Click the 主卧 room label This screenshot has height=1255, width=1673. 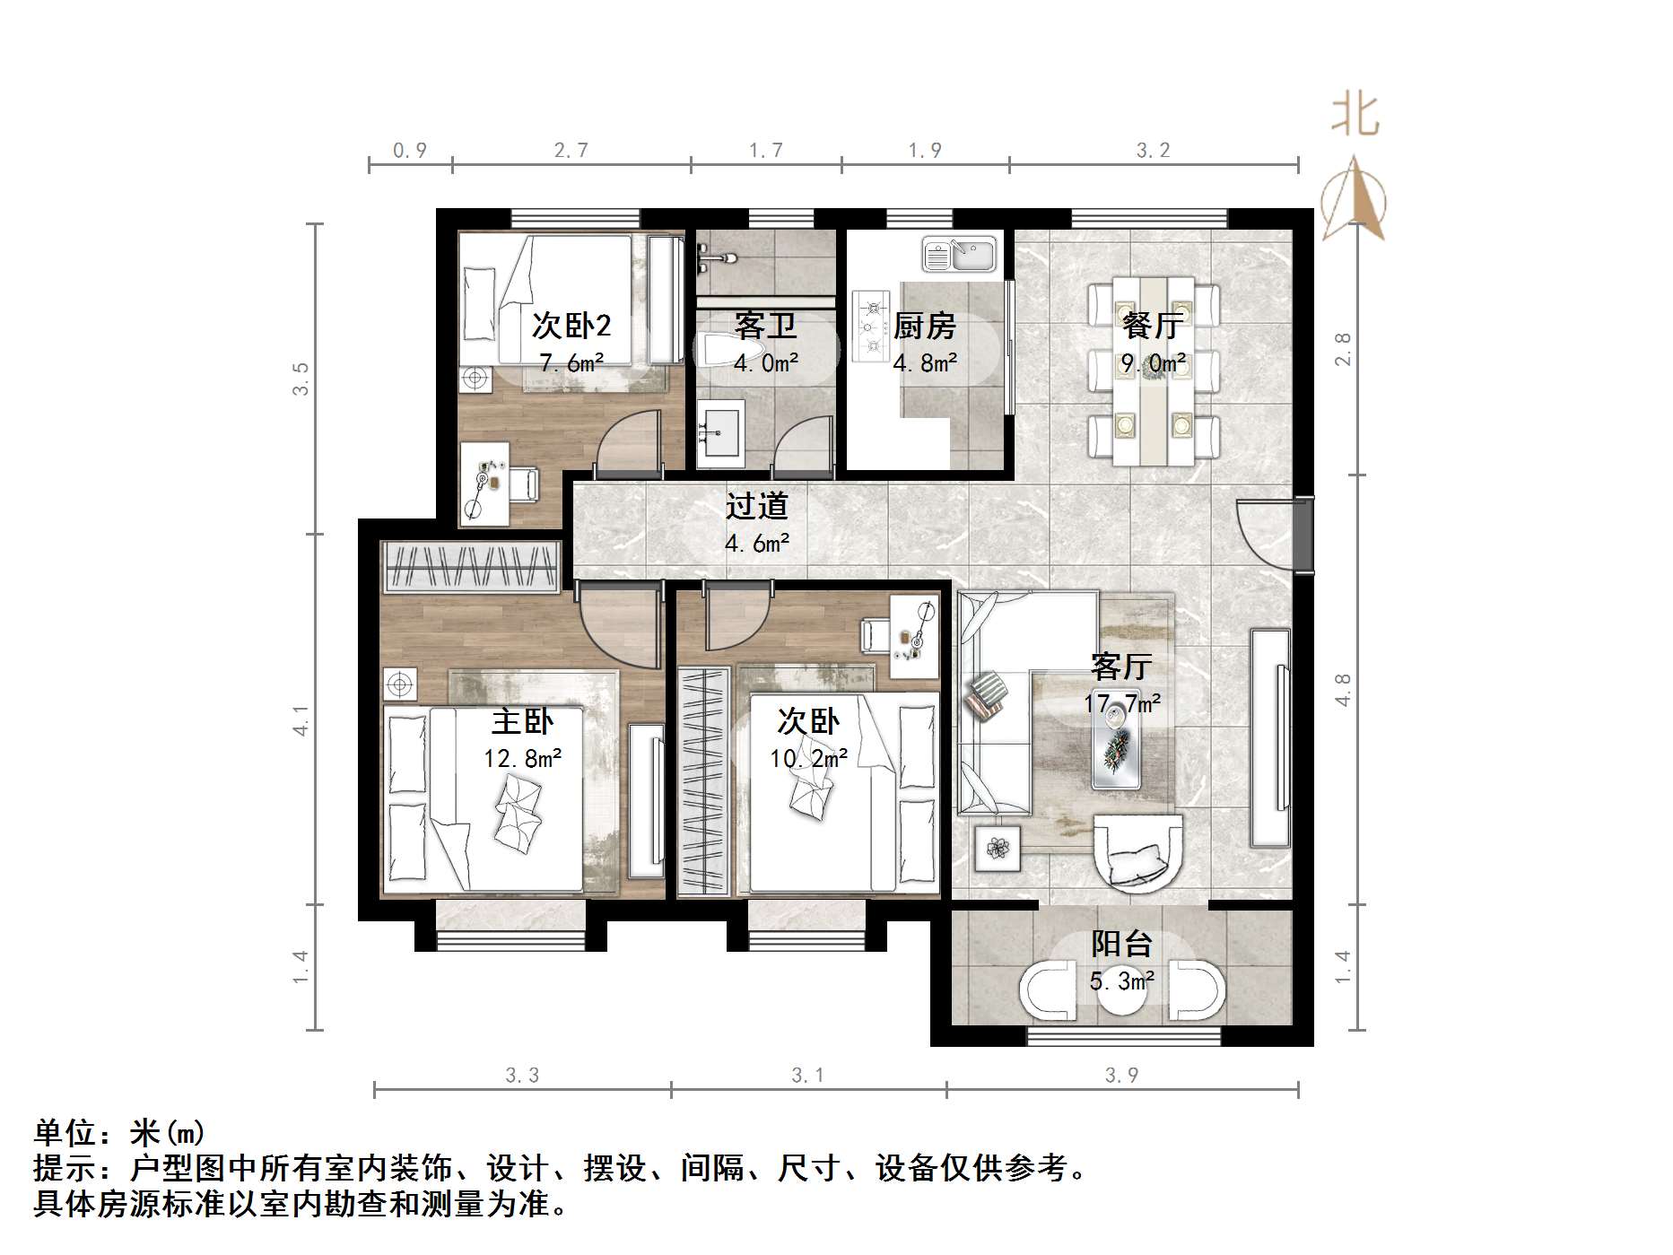[x=522, y=721]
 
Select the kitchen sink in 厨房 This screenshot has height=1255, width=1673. [x=960, y=255]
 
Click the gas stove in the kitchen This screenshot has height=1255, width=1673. [x=870, y=326]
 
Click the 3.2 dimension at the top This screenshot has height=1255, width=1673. [x=1153, y=151]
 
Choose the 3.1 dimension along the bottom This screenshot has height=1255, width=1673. [x=807, y=1075]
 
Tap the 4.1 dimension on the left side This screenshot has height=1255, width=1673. [x=301, y=720]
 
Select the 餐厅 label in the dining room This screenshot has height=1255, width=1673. [x=1153, y=325]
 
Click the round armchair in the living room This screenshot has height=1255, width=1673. [x=1137, y=851]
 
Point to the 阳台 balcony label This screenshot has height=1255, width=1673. [x=1121, y=944]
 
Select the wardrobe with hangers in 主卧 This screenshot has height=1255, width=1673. [x=472, y=567]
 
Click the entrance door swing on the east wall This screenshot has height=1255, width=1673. [x=1267, y=534]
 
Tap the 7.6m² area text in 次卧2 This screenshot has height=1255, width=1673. [x=571, y=363]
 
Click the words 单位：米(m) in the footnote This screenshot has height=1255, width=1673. [x=119, y=1133]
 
